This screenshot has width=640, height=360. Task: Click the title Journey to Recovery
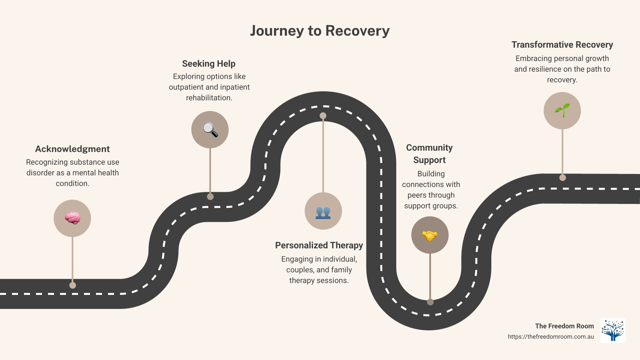(x=320, y=31)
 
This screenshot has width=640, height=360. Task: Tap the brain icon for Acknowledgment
(x=72, y=218)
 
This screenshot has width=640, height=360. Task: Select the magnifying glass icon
(x=210, y=130)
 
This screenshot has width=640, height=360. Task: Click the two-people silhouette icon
(x=323, y=211)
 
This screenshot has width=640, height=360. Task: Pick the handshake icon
(x=430, y=235)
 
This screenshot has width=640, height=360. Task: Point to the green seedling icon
(x=562, y=110)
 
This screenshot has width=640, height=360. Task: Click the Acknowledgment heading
(x=72, y=149)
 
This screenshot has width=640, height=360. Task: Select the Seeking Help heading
(x=209, y=64)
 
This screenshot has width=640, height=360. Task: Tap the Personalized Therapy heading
(x=319, y=245)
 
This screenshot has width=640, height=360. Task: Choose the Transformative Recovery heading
(x=562, y=45)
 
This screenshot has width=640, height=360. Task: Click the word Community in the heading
(x=429, y=148)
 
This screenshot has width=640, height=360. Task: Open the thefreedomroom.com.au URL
(x=551, y=337)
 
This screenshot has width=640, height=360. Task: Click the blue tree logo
(x=613, y=330)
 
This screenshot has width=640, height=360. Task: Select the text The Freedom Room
(x=564, y=326)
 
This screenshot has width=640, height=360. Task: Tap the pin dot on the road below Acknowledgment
(x=73, y=285)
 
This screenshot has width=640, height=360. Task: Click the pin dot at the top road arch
(x=323, y=116)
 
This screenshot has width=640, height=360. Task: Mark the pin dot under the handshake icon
(x=430, y=302)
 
